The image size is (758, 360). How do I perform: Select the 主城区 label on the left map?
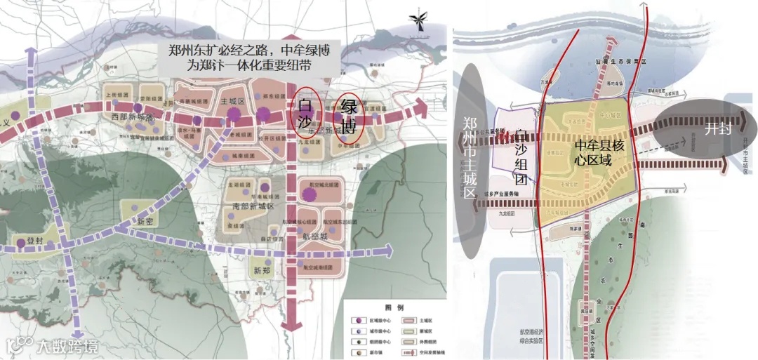pos(232,102)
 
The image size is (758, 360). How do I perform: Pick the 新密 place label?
pos(145,221)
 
